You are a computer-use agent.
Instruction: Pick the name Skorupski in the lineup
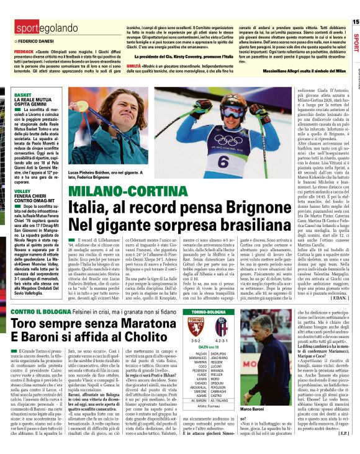tap(219, 349)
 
